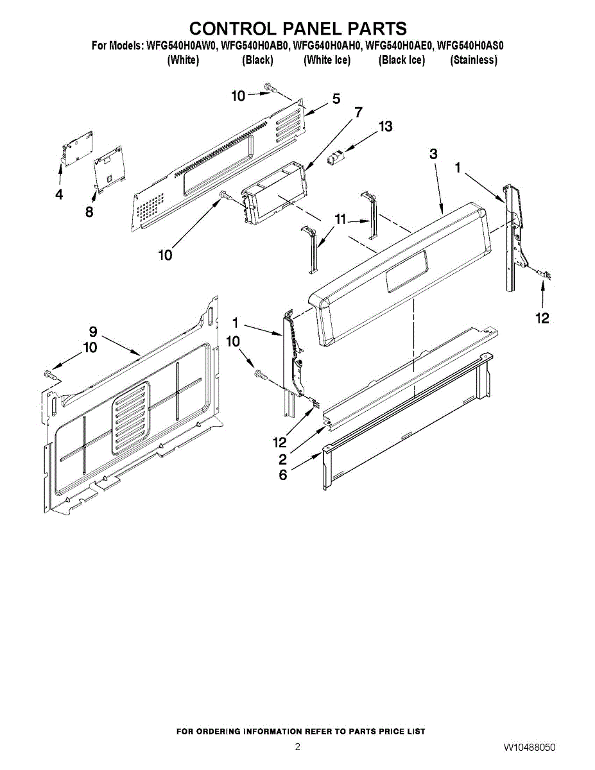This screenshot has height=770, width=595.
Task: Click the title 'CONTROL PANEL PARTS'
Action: click(298, 29)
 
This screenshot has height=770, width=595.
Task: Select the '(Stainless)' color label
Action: click(474, 60)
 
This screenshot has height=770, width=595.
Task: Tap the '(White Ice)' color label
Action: click(327, 60)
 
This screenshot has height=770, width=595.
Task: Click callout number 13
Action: click(385, 126)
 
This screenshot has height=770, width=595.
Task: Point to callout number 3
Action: click(434, 154)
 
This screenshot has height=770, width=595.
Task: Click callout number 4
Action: click(59, 194)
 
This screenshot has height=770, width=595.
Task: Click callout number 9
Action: click(93, 332)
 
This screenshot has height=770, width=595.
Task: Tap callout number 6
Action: click(283, 475)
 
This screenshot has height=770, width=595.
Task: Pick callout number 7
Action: click(358, 112)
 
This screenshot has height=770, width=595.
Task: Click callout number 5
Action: click(336, 99)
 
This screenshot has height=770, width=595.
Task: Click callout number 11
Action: click(340, 219)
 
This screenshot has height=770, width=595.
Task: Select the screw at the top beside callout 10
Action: click(270, 89)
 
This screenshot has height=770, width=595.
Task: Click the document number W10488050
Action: click(530, 748)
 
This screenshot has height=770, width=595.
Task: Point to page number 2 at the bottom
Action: click(297, 747)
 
